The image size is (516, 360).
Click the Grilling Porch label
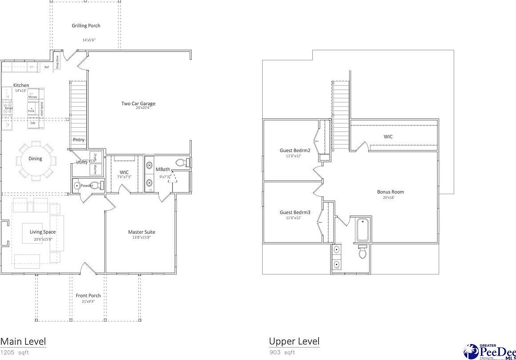[x=86, y=26]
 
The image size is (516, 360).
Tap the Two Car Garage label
[x=138, y=104]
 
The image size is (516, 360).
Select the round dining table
[x=35, y=159]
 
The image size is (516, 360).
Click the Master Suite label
[x=142, y=232]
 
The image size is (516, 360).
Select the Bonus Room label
[x=390, y=192]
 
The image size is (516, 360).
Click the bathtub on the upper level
[x=362, y=229]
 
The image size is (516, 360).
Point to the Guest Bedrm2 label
[x=295, y=150]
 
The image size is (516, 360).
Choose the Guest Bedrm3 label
[x=295, y=212]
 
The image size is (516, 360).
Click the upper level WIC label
[x=388, y=137]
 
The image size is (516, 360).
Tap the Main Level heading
[x=23, y=341]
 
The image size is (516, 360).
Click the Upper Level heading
[x=294, y=341]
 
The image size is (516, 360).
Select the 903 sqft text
[x=282, y=352]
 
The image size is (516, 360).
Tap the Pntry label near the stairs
[x=79, y=140]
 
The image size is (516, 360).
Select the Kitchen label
[x=21, y=86]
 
